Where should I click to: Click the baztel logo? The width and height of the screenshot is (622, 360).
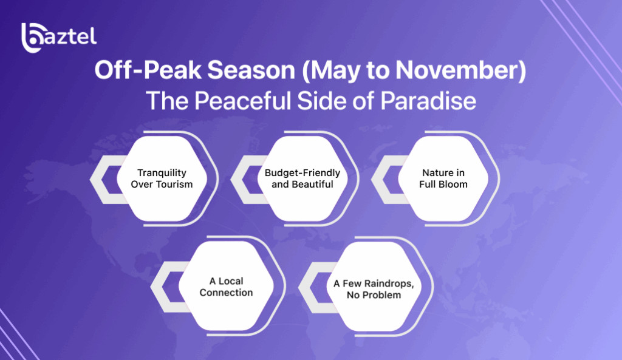point(59,38)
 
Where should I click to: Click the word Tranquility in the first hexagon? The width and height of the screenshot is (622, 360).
point(162,173)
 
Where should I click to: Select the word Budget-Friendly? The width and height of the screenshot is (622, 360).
point(302,173)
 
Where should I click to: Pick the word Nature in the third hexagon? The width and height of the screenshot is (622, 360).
point(436,173)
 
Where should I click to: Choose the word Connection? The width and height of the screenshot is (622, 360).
point(226,293)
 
